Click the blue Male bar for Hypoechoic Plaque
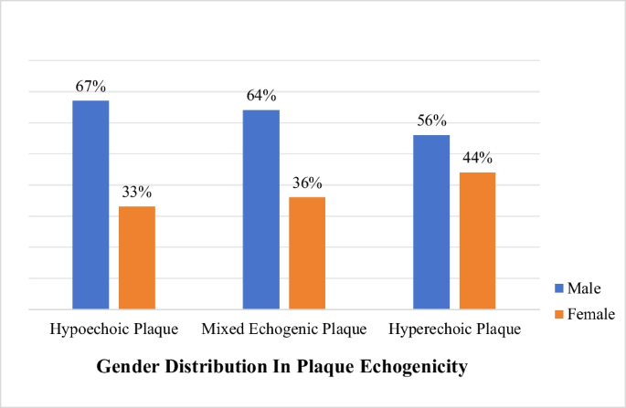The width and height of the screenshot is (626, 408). [90, 204]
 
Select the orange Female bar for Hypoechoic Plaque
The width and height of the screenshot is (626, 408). [137, 257]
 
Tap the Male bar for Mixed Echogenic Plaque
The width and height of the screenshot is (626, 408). [260, 209]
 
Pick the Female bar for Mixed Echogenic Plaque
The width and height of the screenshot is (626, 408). [307, 253]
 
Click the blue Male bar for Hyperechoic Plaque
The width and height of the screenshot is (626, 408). [431, 222]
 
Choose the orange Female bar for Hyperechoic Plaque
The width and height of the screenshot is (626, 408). [477, 240]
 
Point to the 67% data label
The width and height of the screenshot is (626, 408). [90, 87]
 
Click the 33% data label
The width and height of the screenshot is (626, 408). [137, 193]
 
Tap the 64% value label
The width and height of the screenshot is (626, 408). [260, 96]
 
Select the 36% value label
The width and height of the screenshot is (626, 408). [307, 183]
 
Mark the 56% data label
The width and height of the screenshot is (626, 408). [431, 121]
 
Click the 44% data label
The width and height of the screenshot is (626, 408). [477, 159]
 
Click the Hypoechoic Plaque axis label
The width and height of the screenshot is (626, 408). [113, 329]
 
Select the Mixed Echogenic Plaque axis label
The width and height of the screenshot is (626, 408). [284, 329]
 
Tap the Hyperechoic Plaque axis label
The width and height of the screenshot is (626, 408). [454, 329]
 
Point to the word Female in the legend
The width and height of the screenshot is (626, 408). [591, 314]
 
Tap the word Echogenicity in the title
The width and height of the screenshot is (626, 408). [414, 367]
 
